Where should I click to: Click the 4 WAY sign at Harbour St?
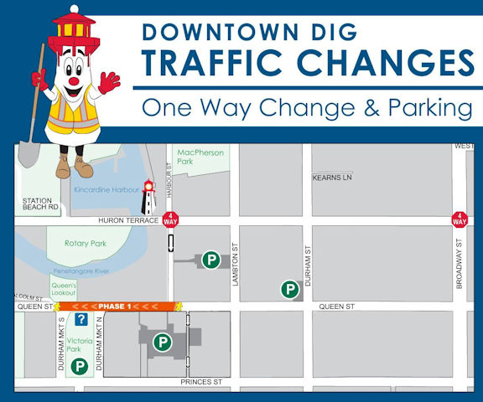(171, 220)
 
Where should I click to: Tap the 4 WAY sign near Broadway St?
(460, 219)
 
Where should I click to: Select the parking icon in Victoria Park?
(79, 365)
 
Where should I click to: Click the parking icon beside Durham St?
(290, 290)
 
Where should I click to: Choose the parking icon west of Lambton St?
(211, 260)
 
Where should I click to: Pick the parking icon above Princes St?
(163, 342)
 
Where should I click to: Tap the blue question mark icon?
(81, 319)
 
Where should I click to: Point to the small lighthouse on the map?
(148, 197)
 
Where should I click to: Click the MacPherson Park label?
(196, 157)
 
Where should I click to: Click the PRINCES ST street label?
(200, 382)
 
